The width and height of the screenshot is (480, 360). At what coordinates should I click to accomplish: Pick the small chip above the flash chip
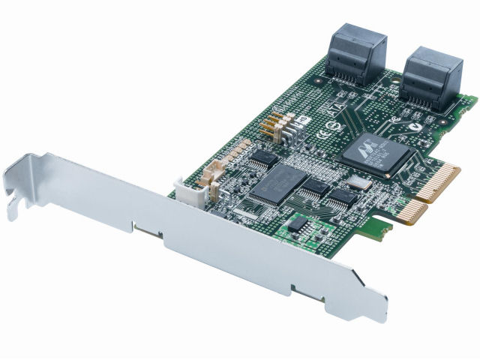(x=263, y=157)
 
